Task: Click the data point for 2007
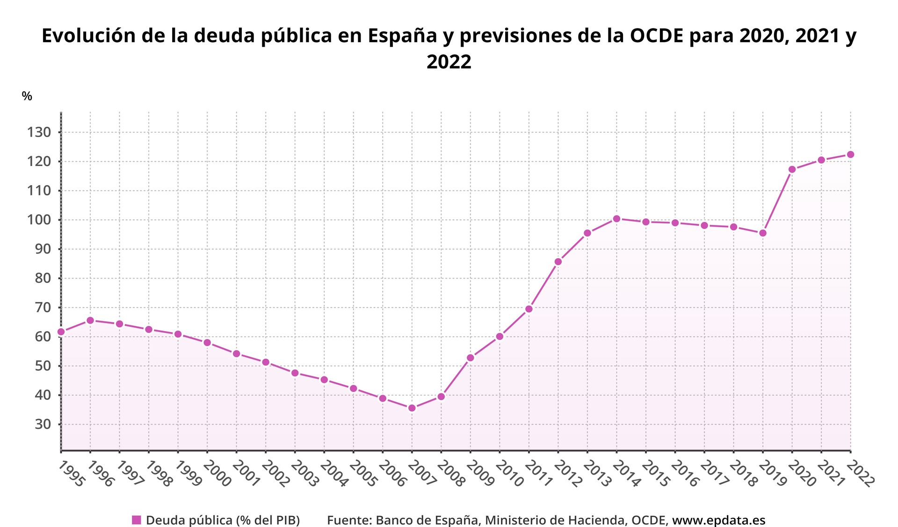click(x=412, y=408)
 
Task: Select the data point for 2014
click(x=616, y=218)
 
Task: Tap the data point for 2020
click(x=792, y=169)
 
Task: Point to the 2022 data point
click(x=850, y=154)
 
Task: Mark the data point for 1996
click(x=90, y=320)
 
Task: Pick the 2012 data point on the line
click(x=558, y=261)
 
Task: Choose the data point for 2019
click(x=762, y=233)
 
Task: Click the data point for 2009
click(x=470, y=358)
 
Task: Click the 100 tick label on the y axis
click(x=39, y=220)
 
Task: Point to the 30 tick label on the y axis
click(x=43, y=424)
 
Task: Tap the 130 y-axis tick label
click(x=39, y=132)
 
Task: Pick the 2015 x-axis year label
click(x=656, y=473)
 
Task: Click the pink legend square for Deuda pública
click(x=137, y=520)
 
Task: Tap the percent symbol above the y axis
click(x=27, y=96)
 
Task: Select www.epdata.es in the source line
click(x=718, y=520)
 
